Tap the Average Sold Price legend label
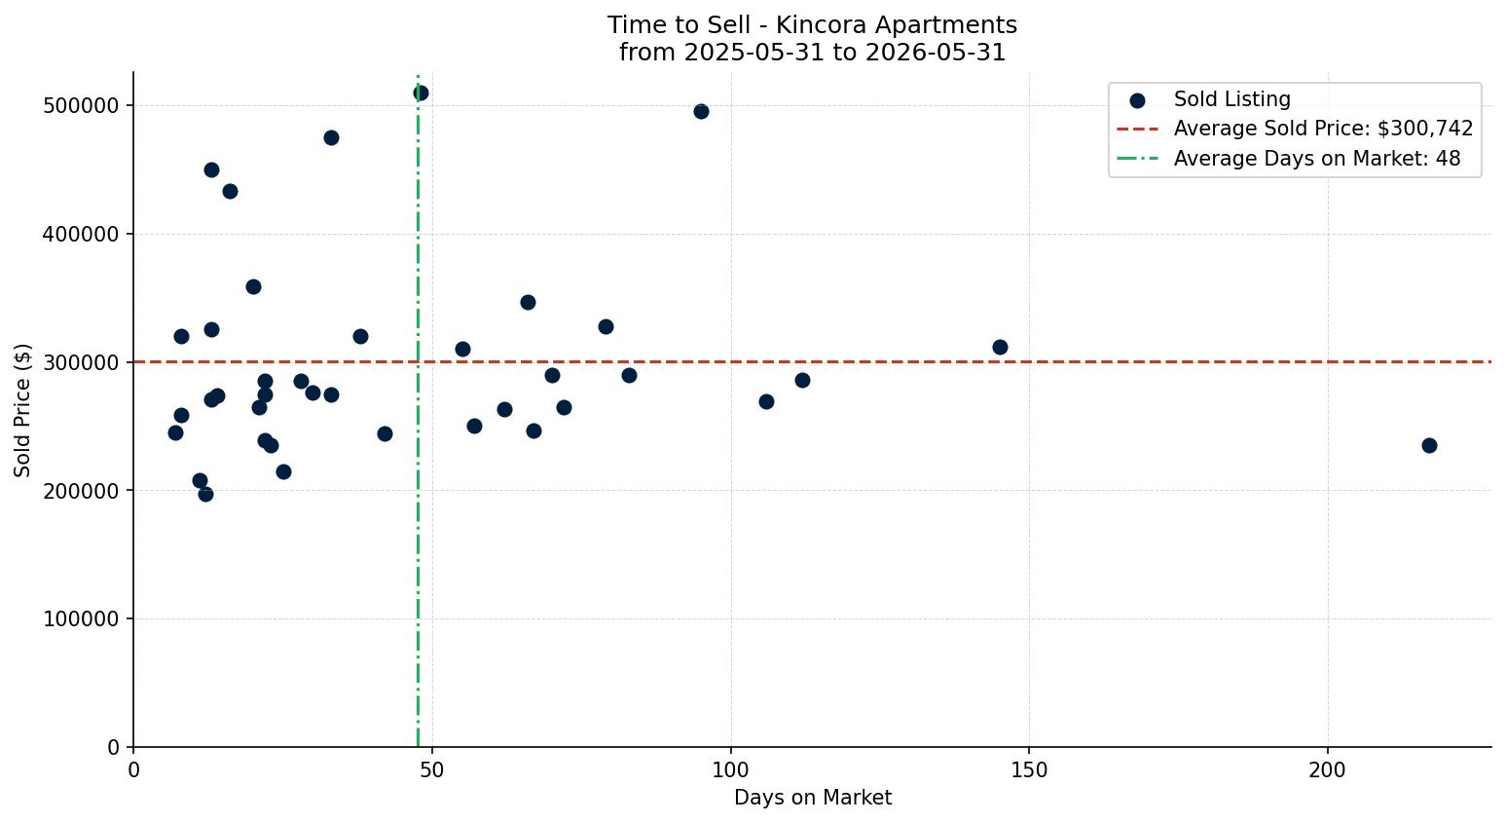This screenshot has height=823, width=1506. click(1323, 129)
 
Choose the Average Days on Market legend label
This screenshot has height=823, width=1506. click(1317, 159)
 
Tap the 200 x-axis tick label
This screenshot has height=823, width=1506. click(1328, 770)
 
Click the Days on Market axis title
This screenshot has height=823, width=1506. click(812, 798)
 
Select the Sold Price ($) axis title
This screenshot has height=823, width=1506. click(22, 410)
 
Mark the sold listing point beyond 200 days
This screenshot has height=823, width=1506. click(1429, 446)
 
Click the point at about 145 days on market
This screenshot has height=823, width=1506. click(1000, 348)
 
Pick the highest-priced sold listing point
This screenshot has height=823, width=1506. click(421, 94)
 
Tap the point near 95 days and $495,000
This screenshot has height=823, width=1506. click(701, 112)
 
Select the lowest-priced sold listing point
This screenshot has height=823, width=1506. click(205, 495)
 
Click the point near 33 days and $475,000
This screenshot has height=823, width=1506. click(331, 138)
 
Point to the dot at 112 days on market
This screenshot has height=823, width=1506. click(803, 381)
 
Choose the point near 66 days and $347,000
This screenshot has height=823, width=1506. click(528, 303)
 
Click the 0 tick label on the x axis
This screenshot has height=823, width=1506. click(133, 770)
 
